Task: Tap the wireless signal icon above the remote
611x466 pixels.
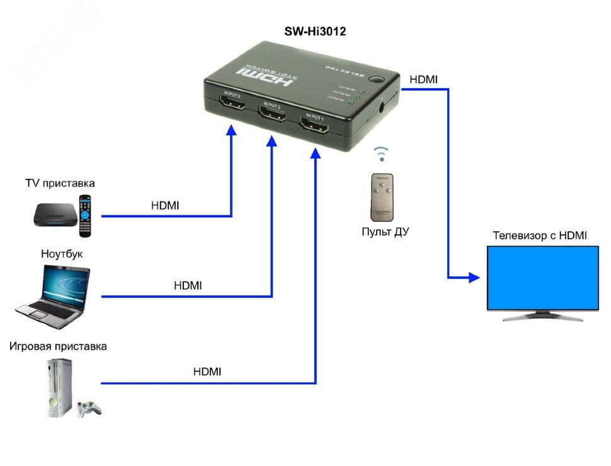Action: [382, 154]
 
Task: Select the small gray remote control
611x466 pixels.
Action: [381, 196]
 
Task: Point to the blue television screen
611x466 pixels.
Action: [543, 277]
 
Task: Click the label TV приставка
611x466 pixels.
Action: [60, 183]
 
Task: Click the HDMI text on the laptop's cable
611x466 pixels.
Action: [188, 285]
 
